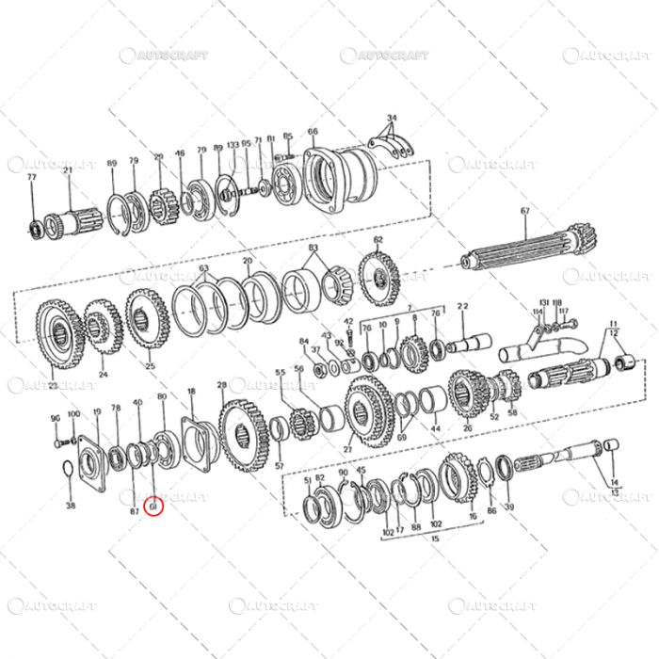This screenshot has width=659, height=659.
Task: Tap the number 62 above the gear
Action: (x=378, y=239)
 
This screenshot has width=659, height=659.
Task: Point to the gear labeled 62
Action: (x=379, y=276)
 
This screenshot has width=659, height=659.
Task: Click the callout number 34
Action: (x=392, y=118)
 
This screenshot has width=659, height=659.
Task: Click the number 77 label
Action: (x=31, y=177)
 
